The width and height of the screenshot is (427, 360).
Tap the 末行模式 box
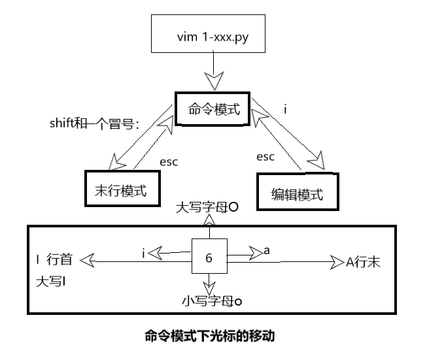coord(122,189)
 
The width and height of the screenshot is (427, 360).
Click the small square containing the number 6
coord(209,257)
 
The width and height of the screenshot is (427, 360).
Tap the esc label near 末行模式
coord(169,162)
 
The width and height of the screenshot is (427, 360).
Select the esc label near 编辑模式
coord(265,157)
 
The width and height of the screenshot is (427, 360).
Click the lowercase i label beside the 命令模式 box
coord(285,108)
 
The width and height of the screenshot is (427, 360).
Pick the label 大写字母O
coord(207,207)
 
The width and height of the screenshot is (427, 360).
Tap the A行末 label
coord(363,263)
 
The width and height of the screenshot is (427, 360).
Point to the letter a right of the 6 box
coord(265,250)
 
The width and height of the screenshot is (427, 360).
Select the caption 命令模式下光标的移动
coord(209,336)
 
